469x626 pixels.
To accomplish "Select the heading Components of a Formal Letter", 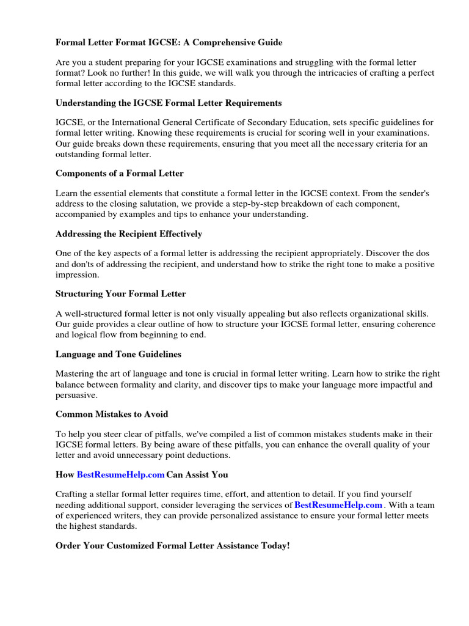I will (x=119, y=174).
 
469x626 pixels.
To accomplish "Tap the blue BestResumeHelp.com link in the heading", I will (x=120, y=474).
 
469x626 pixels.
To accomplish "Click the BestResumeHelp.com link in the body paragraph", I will (x=338, y=505).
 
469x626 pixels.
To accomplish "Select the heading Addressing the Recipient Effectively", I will (x=128, y=234).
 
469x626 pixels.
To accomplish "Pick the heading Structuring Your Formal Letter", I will (x=120, y=293).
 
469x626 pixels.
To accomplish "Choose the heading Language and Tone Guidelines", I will (x=118, y=354).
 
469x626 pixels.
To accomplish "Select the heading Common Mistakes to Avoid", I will (x=111, y=414).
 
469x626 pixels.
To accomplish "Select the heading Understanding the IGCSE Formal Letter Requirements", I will (x=169, y=103).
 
